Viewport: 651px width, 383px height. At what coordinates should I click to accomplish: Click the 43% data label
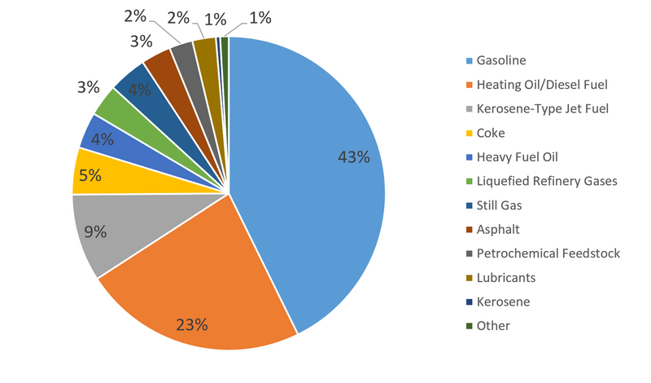click(354, 157)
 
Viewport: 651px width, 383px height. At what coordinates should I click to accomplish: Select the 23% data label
click(192, 324)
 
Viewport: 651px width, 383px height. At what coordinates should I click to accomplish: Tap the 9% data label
click(95, 232)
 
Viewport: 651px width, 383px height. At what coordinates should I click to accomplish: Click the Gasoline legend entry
click(502, 60)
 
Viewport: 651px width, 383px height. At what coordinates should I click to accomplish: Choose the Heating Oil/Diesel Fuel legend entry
click(543, 84)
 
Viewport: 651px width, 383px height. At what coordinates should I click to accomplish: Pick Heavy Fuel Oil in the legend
click(518, 156)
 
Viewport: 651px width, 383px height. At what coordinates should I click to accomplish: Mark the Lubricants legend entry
click(507, 277)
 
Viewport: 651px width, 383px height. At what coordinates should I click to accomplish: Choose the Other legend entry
click(494, 325)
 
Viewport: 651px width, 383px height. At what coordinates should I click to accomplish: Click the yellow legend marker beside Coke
click(469, 133)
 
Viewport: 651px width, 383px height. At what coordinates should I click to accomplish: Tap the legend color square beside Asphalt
click(469, 230)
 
